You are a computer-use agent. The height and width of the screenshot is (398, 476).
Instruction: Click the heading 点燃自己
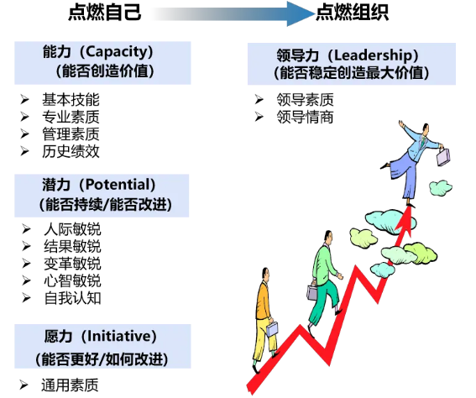(105, 13)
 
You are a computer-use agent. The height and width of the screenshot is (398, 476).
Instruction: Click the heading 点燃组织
(352, 13)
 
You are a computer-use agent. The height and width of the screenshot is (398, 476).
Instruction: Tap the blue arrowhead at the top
(300, 13)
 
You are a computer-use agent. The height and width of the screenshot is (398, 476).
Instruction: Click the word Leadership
(373, 55)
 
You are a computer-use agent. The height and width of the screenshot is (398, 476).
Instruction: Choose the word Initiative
(118, 336)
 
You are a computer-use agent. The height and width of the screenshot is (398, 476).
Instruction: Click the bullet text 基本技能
(71, 100)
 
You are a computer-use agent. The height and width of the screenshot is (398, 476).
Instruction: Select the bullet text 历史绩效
(71, 151)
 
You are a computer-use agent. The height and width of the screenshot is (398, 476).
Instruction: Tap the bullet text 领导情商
(305, 117)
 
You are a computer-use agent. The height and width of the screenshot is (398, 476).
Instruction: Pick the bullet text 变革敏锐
(72, 264)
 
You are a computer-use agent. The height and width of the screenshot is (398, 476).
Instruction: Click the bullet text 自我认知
(72, 298)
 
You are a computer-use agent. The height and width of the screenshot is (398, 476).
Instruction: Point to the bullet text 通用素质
(70, 385)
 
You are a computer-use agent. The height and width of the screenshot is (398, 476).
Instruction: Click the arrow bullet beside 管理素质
(25, 134)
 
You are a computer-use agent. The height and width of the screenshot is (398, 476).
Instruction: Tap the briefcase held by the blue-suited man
(443, 157)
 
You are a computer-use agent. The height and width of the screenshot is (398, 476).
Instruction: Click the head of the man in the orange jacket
(265, 275)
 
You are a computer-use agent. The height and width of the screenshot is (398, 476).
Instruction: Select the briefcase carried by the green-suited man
(311, 292)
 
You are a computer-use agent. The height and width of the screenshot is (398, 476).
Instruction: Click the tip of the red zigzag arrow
(410, 207)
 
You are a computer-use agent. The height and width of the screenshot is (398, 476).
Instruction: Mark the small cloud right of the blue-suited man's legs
(440, 187)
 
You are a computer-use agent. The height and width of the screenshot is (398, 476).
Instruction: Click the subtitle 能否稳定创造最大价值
(352, 73)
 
